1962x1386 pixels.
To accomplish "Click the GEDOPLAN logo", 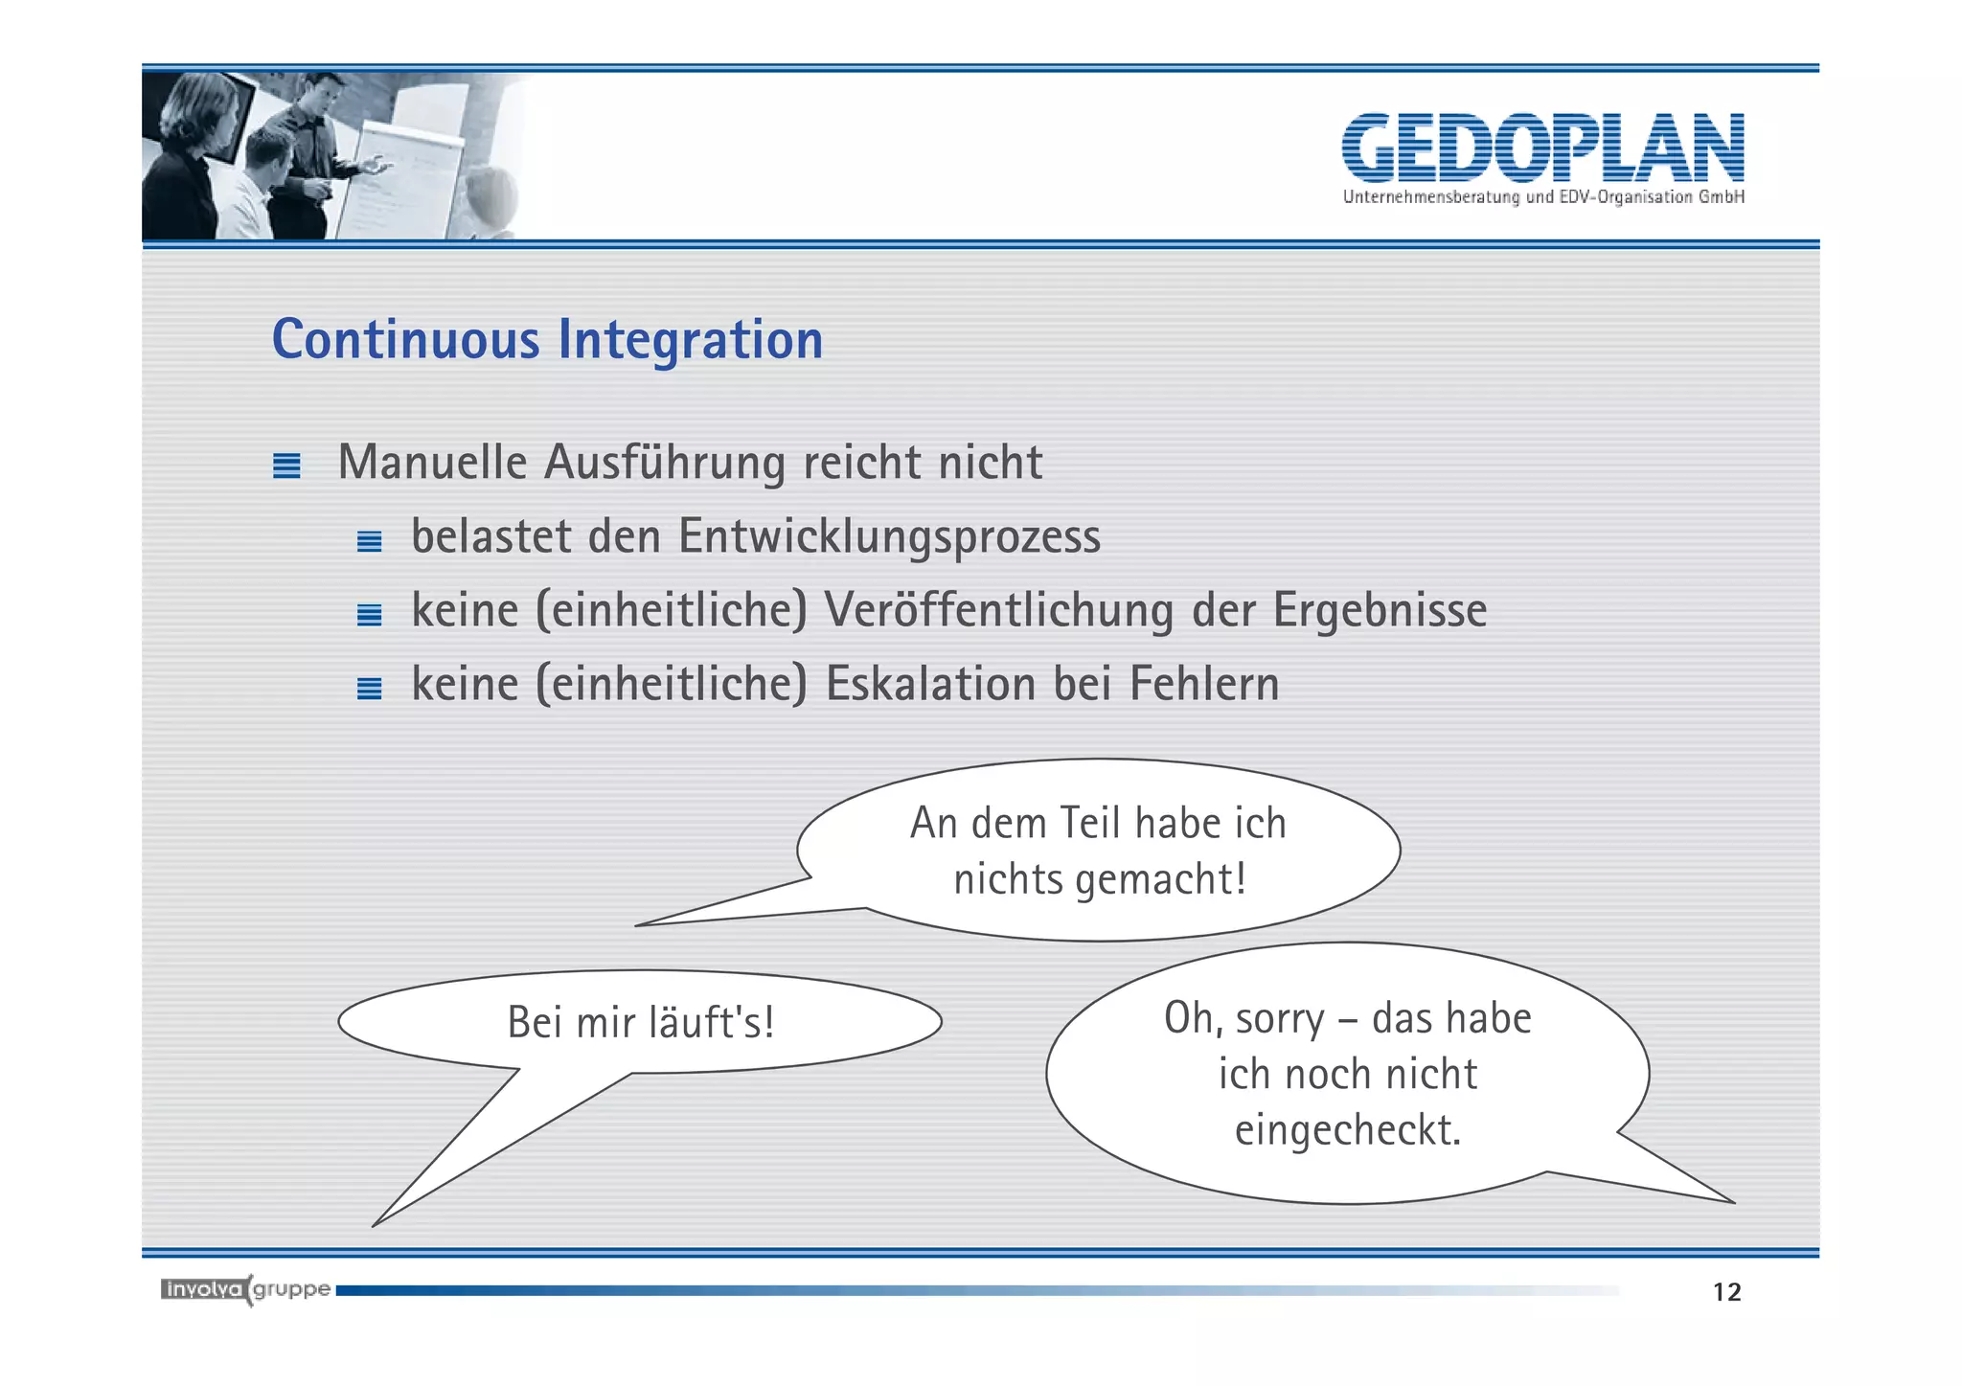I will (x=1542, y=148).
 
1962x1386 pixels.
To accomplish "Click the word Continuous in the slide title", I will (x=406, y=340).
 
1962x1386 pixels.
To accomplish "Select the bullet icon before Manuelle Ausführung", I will (x=286, y=466).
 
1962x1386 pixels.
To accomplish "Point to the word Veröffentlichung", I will (x=998, y=610).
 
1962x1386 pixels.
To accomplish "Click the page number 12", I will (x=1726, y=1292).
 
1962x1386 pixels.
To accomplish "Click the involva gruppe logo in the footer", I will (x=245, y=1289).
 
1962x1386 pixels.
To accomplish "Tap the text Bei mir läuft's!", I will (x=640, y=1022).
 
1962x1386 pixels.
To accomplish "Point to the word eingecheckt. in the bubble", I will (x=1347, y=1130).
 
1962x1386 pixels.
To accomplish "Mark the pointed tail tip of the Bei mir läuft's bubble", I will (x=375, y=1224).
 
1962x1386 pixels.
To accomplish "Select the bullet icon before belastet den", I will (x=369, y=541).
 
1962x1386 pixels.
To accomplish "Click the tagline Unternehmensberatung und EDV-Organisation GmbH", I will (x=1542, y=197).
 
